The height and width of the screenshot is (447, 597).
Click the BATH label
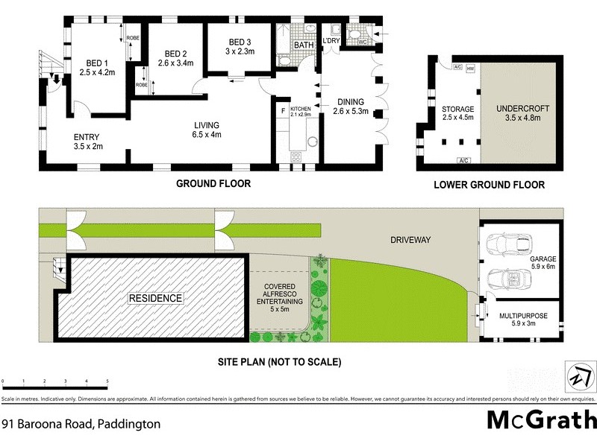click(x=303, y=45)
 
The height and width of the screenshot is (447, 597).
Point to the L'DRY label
click(x=331, y=40)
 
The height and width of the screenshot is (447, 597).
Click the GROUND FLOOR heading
click(x=213, y=183)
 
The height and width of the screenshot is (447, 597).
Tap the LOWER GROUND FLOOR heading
click(x=489, y=185)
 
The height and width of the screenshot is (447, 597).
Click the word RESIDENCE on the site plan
click(x=155, y=299)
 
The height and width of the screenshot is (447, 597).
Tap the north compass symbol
click(x=577, y=375)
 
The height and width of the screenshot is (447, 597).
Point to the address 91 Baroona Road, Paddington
click(x=81, y=424)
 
